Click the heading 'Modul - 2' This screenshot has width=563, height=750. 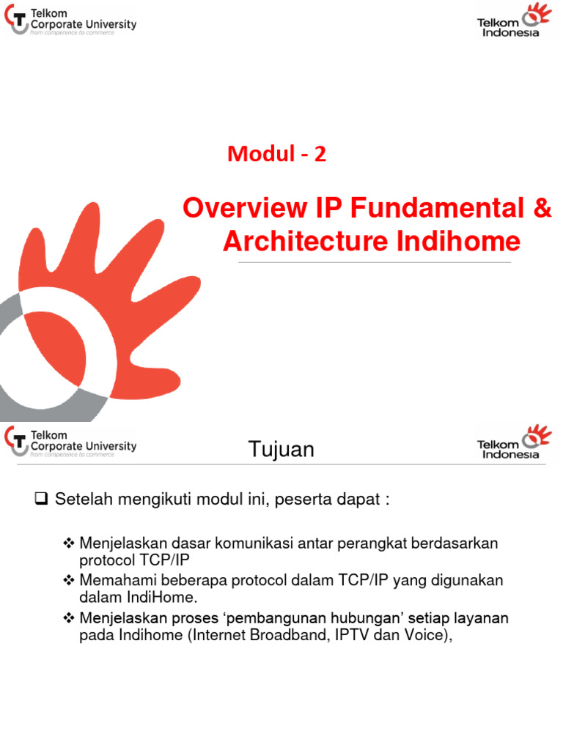coord(276,154)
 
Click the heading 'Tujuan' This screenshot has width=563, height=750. coord(281,449)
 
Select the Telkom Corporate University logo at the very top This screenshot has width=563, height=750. coord(70,24)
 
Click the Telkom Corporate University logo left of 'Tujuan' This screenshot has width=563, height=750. coord(70,442)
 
